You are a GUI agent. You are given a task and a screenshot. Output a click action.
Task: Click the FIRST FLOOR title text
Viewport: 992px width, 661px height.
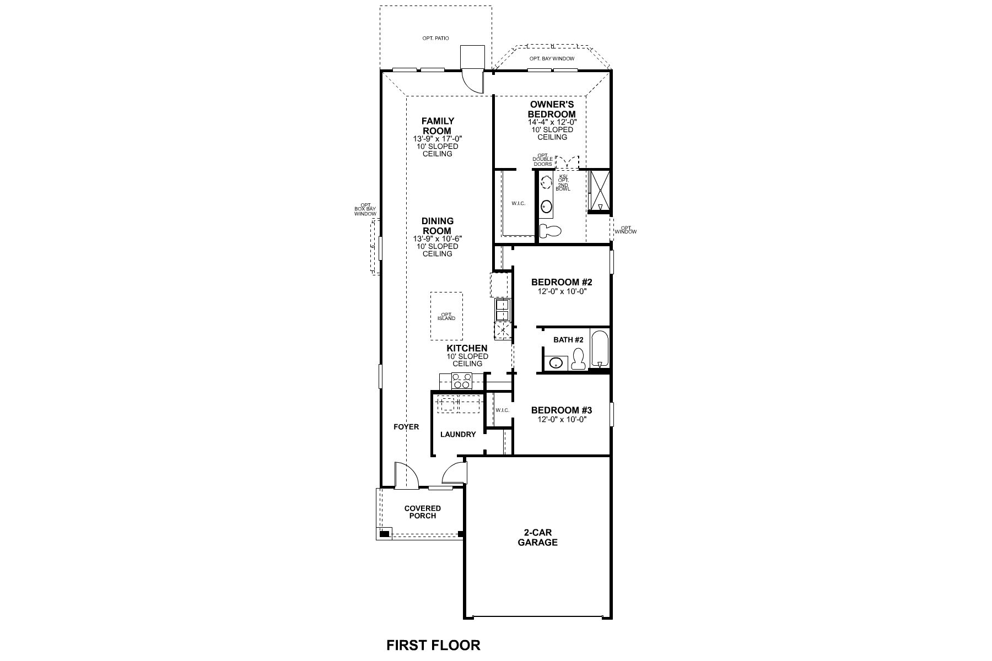click(433, 644)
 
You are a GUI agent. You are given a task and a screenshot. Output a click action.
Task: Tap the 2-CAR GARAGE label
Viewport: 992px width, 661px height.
click(537, 538)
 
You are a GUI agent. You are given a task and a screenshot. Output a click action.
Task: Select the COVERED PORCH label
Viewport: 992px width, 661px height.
click(423, 512)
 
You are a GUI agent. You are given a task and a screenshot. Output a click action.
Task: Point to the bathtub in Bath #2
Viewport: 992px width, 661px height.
click(599, 349)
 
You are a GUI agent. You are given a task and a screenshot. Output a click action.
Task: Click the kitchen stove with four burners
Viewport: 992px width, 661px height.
click(462, 381)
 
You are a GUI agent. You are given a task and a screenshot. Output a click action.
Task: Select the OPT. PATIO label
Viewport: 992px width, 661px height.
click(435, 39)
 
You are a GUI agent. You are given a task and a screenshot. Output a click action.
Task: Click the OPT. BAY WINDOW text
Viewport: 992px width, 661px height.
click(552, 58)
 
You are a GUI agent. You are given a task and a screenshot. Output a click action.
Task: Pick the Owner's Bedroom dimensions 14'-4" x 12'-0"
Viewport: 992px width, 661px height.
click(552, 122)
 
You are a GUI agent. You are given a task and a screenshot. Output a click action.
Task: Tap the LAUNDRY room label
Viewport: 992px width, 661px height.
click(458, 434)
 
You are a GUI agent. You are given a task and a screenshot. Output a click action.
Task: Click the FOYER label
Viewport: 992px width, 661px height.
click(406, 426)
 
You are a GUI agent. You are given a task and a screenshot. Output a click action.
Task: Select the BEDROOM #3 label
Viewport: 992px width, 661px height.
click(561, 410)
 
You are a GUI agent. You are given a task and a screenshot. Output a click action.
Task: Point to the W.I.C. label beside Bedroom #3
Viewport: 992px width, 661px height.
click(502, 410)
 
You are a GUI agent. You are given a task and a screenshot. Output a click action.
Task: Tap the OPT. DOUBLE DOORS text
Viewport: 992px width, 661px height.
click(542, 160)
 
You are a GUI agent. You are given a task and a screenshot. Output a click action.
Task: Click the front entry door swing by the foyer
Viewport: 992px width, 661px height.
click(406, 475)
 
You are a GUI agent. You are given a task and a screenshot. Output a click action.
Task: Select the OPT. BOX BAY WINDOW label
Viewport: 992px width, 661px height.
click(365, 209)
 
